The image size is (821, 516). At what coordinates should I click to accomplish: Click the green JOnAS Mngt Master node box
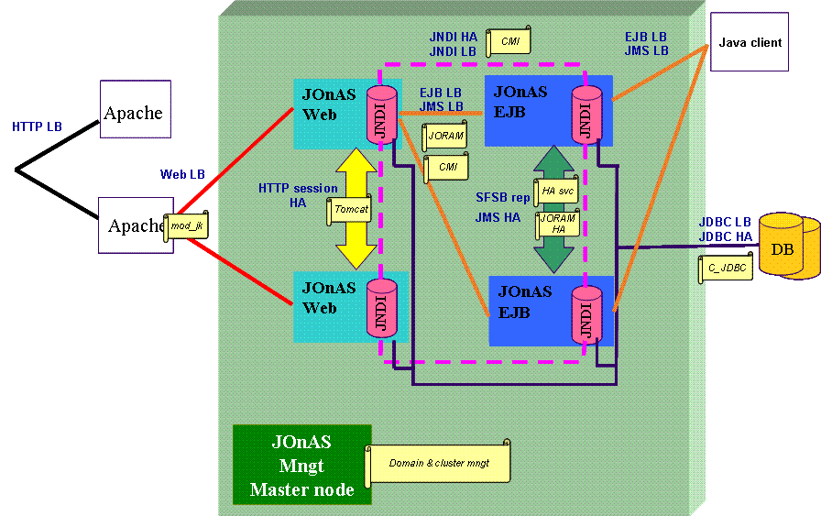click(x=301, y=465)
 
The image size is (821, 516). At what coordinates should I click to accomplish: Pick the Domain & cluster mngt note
click(x=438, y=464)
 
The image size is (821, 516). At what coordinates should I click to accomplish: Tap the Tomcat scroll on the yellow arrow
click(x=350, y=210)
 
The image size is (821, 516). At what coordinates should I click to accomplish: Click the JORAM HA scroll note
click(x=557, y=225)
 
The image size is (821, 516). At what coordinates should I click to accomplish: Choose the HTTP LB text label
click(x=37, y=126)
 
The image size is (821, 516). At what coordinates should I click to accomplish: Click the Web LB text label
click(x=182, y=174)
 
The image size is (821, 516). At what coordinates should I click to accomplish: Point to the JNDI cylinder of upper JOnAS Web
click(x=381, y=115)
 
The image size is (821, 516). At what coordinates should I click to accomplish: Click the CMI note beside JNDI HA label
click(x=509, y=41)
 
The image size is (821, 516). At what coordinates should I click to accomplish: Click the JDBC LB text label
click(x=724, y=222)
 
